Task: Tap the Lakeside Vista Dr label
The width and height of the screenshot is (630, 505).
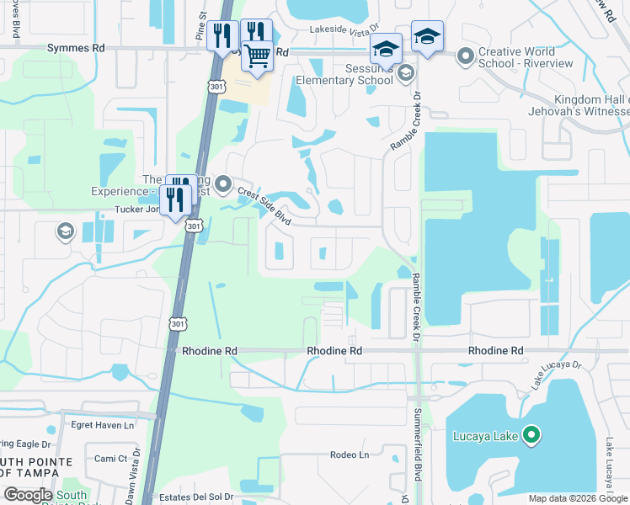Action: [x=345, y=29]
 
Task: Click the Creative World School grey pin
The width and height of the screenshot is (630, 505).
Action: [x=465, y=56]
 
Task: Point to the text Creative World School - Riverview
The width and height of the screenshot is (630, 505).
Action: [x=526, y=57]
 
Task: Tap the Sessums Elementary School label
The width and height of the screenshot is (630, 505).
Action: [x=344, y=74]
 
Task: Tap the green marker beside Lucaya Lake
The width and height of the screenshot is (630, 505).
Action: [x=531, y=435]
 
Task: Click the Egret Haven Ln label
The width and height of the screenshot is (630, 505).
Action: [x=103, y=426]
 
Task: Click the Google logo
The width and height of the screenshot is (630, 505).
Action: [x=28, y=495]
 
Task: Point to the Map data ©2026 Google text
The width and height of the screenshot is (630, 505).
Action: [x=578, y=498]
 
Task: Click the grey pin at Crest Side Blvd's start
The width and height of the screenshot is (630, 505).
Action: [x=223, y=182]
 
